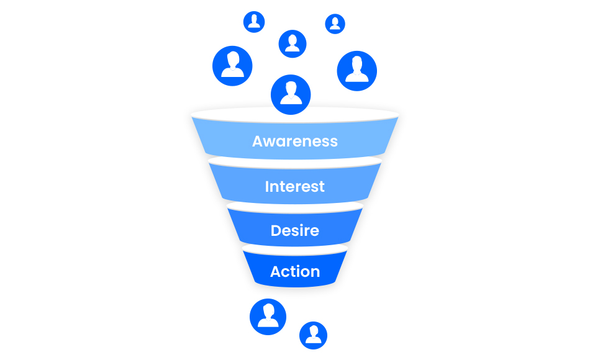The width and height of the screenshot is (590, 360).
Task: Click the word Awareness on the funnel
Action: pos(295,141)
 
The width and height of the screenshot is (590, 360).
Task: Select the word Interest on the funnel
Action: pos(295,186)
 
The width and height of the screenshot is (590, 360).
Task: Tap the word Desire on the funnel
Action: pos(295,230)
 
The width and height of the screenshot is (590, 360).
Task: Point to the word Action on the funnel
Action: pos(295,271)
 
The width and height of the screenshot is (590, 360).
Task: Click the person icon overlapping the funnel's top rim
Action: pos(291,94)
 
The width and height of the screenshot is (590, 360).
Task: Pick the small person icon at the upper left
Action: pos(254,22)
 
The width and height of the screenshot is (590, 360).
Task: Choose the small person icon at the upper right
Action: pos(335,24)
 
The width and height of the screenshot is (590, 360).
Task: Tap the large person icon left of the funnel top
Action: pos(232,66)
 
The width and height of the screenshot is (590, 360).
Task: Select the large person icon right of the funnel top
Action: pos(357,71)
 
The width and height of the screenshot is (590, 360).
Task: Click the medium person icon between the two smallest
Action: pos(293,43)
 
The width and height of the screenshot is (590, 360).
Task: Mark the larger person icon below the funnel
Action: pos(268,317)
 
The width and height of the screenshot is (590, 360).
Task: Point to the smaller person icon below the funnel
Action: pos(313,335)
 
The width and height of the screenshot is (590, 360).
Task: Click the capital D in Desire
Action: pos(276,231)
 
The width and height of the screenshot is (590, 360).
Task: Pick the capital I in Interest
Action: pos(268,186)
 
